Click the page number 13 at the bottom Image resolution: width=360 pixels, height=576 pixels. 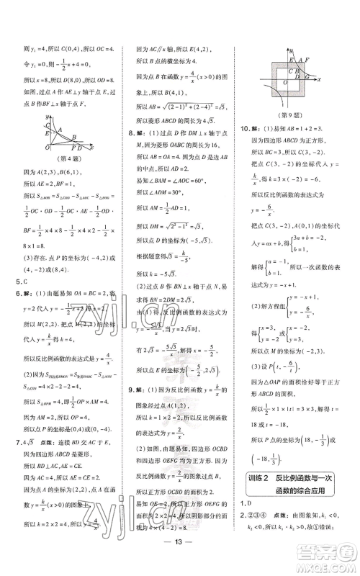(x=179, y=561)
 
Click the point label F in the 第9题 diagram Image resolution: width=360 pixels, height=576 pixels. (x=307, y=60)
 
